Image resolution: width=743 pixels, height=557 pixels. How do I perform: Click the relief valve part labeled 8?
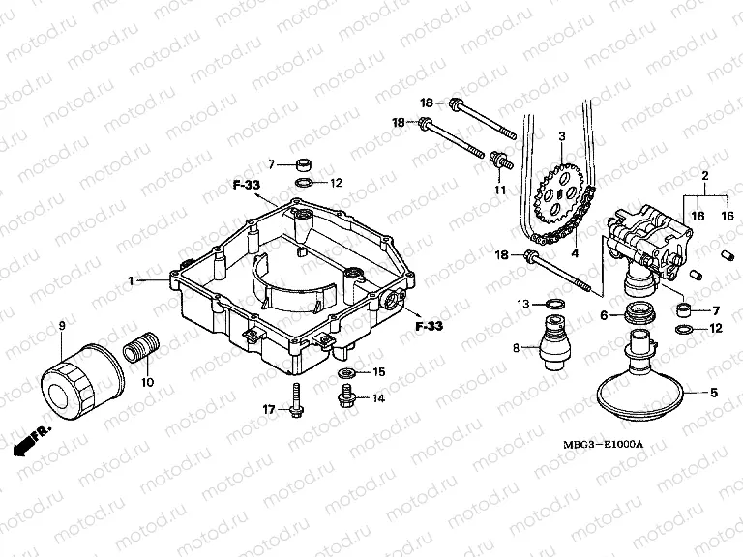point(554,343)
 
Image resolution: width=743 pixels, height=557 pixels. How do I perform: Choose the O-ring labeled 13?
point(554,306)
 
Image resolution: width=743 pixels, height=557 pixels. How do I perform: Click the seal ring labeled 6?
point(638,312)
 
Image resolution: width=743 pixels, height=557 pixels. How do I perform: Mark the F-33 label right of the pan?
point(428,326)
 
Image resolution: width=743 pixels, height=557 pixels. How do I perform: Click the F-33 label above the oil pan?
point(246,184)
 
